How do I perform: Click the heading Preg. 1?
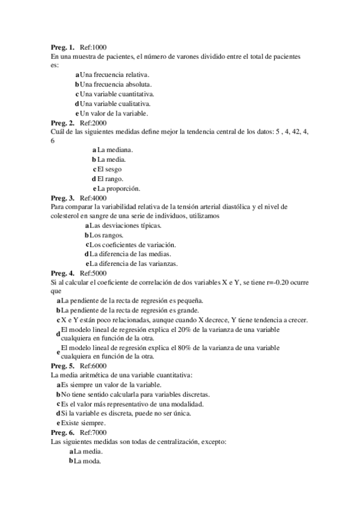coord(63,47)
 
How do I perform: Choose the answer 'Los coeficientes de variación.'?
coord(133,245)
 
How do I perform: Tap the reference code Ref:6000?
coord(93,366)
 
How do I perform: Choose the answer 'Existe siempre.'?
coord(83,423)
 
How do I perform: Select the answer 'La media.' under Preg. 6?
coord(88,451)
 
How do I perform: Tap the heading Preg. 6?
coord(63,432)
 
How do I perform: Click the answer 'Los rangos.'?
coord(106,235)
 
